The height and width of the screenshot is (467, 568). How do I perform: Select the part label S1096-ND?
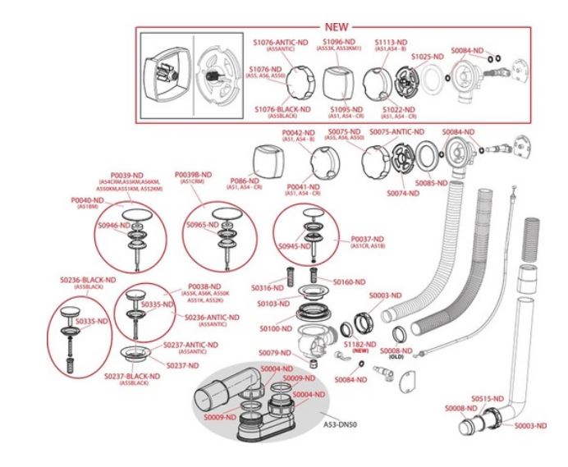[338, 41]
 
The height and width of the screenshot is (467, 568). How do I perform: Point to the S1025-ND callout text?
[427, 57]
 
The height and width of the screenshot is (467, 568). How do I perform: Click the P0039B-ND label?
[194, 175]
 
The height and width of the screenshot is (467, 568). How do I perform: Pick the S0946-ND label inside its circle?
[114, 225]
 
